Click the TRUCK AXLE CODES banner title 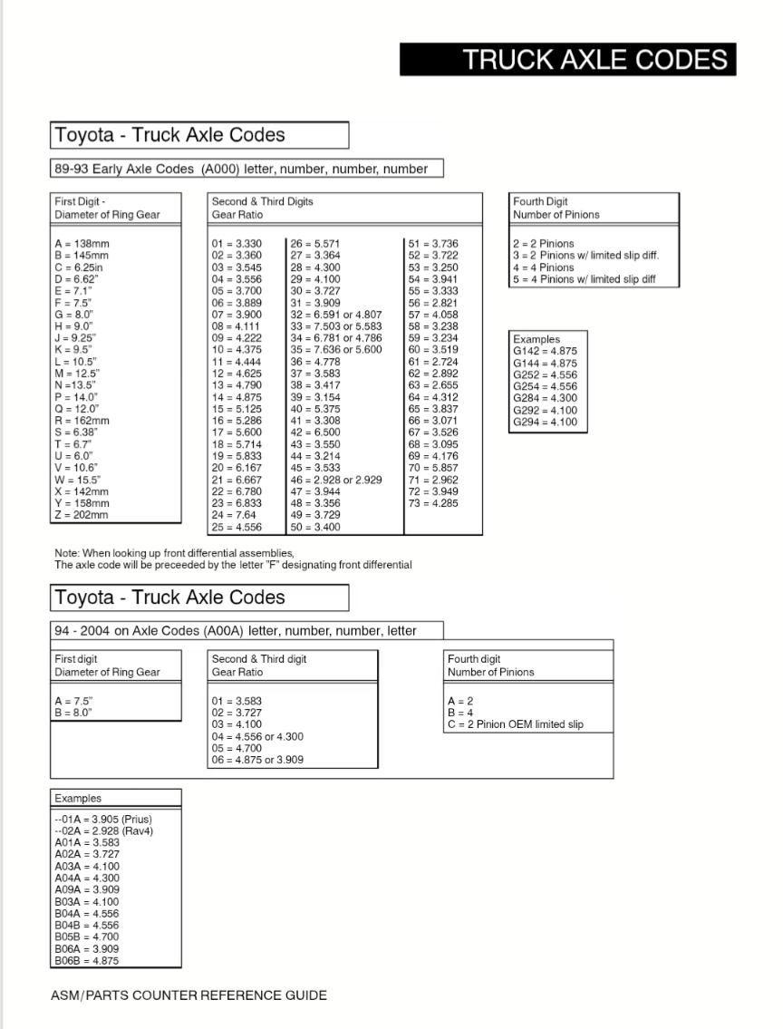[594, 60]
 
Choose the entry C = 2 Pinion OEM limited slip [516, 724]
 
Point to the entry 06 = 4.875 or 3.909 [257, 760]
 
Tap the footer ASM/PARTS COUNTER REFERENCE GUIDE [188, 995]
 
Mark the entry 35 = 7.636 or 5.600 [336, 349]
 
